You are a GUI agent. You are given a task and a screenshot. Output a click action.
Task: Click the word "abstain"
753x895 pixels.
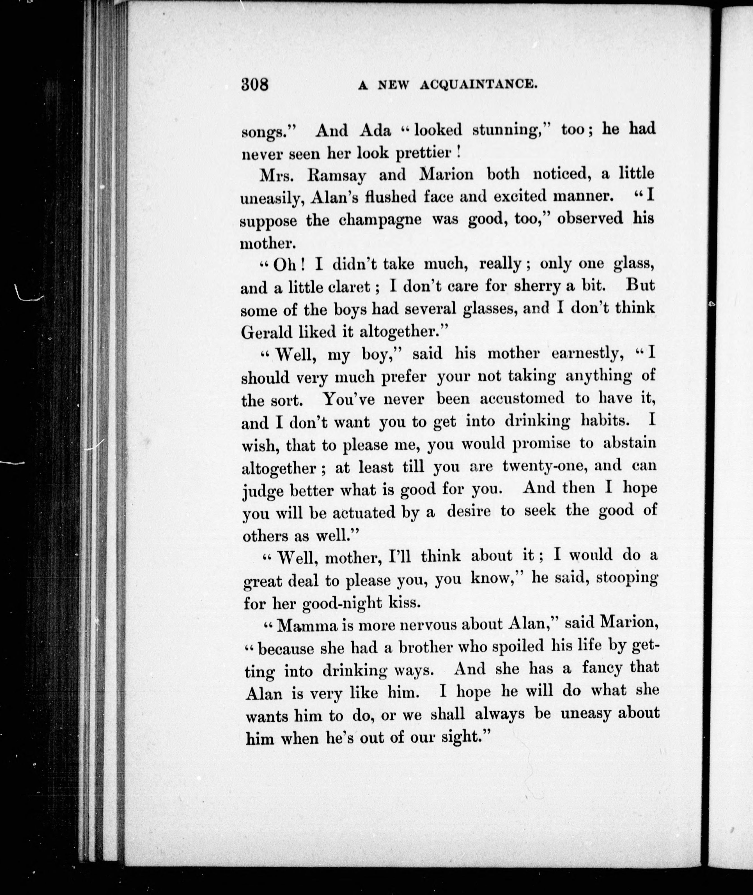point(629,443)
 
